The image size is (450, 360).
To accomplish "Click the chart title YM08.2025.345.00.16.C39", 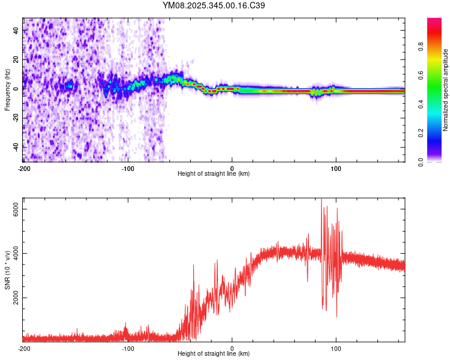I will [214, 5].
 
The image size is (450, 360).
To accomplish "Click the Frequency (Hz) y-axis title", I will [7, 91].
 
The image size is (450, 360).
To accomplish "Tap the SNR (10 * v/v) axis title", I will [7, 271].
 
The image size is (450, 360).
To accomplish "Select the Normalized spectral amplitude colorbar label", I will [445, 91].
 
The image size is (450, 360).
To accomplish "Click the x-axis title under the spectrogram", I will [214, 174].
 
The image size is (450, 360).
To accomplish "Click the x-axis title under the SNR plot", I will [214, 354].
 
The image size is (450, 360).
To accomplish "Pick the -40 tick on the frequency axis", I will [16, 147].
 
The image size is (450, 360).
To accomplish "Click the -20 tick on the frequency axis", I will [16, 118].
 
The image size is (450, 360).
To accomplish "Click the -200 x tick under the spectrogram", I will [24, 168].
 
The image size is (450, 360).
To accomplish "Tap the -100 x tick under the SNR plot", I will [128, 348].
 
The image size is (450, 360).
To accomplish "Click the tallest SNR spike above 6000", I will [321, 200].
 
